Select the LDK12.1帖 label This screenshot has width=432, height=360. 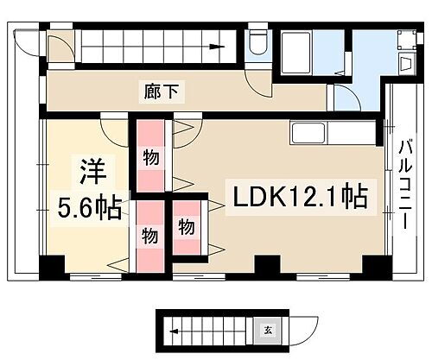(x=297, y=197)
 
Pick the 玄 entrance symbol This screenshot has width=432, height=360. (x=267, y=330)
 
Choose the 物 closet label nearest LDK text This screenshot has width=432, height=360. (x=187, y=227)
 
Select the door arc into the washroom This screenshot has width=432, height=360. (x=342, y=97)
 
